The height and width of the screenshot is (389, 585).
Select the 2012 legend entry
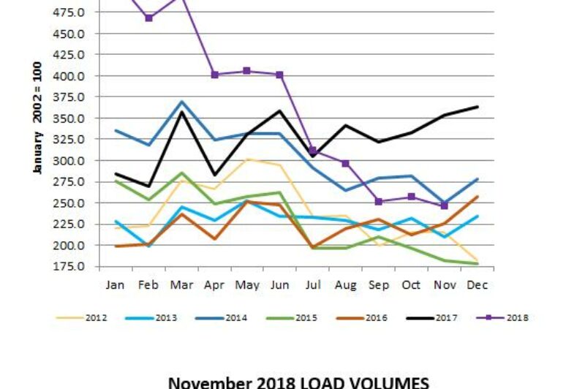click(88, 317)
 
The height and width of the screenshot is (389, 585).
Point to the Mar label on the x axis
click(181, 285)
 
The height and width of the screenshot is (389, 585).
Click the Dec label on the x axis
click(478, 285)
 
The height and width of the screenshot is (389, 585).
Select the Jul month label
click(312, 285)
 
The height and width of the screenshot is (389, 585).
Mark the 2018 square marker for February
click(148, 18)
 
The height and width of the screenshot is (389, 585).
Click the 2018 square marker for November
click(444, 205)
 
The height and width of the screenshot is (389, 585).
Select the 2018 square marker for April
click(214, 75)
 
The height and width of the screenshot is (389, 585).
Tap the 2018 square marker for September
click(378, 202)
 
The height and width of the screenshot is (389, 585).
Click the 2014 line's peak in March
click(181, 102)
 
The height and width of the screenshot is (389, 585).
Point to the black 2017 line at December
click(477, 107)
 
